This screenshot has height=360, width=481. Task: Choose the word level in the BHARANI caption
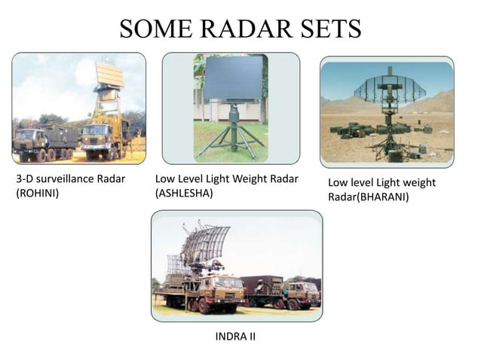coord(363,183)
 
